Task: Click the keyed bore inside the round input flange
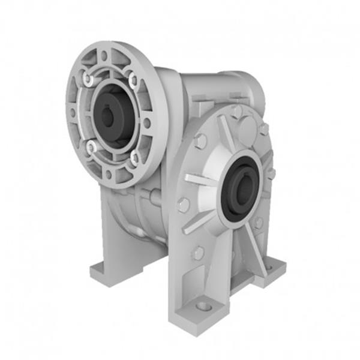coord(108,116)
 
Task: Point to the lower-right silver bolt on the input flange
coord(136,158)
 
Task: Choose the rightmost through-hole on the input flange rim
coord(147,122)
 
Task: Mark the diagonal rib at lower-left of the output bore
coord(200,223)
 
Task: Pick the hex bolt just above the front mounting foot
coord(197,253)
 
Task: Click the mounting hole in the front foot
coord(204,306)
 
